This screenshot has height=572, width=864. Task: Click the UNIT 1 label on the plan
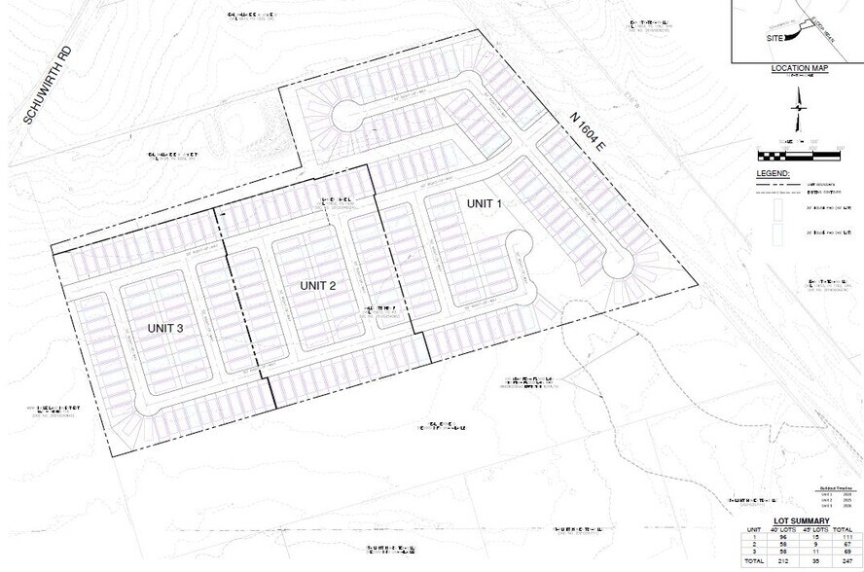[484, 203]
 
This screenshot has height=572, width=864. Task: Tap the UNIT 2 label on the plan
[317, 285]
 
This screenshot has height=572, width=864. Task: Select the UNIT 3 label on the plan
[165, 328]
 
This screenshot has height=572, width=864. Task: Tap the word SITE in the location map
[775, 37]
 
